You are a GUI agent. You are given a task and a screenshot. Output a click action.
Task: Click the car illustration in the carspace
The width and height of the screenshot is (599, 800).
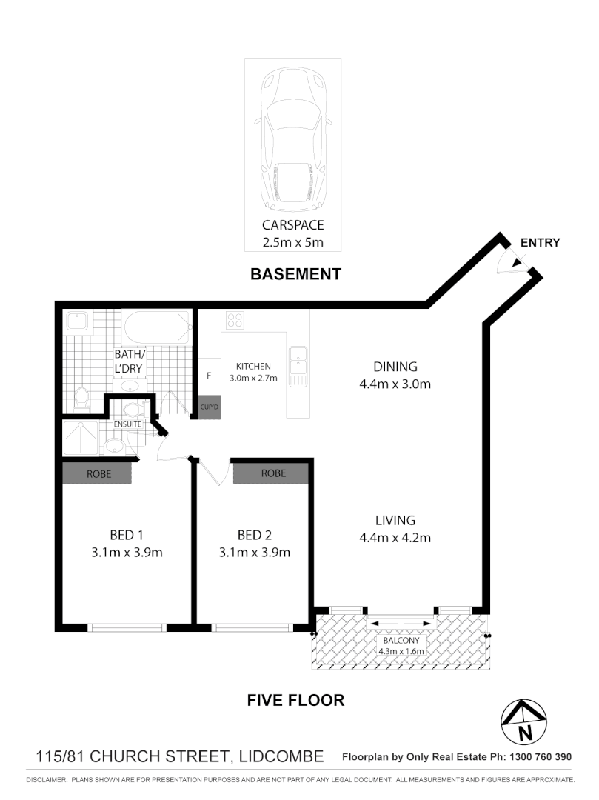pos(292,139)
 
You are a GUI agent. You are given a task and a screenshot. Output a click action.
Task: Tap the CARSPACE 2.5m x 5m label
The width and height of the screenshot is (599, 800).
pos(292,234)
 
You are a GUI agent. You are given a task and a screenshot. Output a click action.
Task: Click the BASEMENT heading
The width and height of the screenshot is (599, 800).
pos(295,274)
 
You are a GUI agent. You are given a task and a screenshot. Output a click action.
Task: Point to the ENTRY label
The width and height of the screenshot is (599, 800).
pos(540,242)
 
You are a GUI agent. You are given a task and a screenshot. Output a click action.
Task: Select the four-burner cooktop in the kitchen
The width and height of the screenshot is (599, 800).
pos(235,320)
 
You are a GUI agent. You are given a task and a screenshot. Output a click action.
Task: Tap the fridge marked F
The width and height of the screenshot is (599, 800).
pos(209,376)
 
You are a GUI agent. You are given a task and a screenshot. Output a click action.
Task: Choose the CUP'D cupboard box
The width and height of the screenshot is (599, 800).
pos(209,407)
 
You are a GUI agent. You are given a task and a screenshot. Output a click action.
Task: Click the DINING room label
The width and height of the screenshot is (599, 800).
pos(395,367)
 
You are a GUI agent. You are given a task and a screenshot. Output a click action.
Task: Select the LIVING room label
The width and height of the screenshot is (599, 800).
pos(395,521)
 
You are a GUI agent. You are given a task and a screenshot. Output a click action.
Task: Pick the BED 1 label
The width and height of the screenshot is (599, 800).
pos(127,535)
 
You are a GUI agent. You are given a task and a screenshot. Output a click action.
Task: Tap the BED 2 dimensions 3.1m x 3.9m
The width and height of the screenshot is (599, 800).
pos(254,553)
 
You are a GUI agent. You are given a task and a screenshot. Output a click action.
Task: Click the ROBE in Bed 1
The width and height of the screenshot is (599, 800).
pos(98,473)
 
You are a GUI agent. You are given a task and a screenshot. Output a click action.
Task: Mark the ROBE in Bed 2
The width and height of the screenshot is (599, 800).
pos(273,473)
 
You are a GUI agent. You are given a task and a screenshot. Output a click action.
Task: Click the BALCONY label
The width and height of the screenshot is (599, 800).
pos(401,641)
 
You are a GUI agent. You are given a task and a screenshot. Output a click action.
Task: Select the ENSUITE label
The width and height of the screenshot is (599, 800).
pos(127,424)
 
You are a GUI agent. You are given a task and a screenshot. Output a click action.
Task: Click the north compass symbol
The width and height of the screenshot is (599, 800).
pos(524,723)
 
